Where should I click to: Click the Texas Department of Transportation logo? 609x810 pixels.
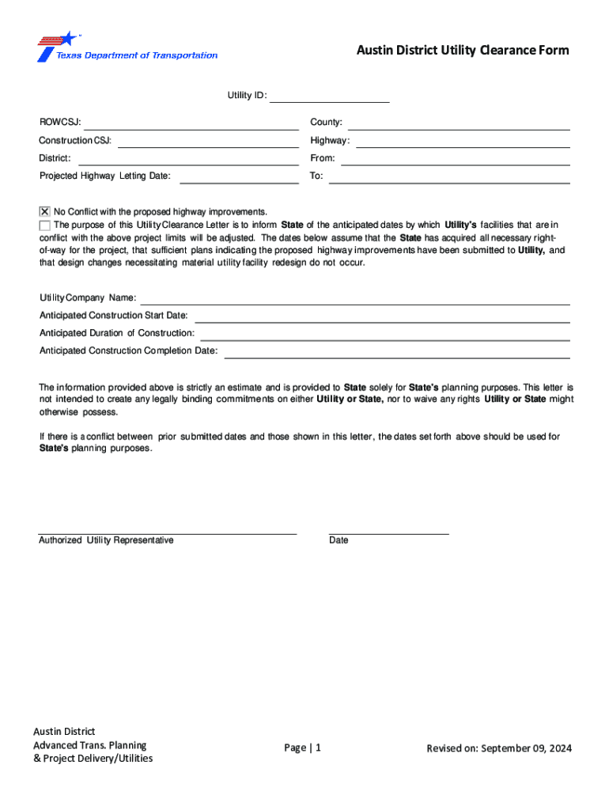click(127, 47)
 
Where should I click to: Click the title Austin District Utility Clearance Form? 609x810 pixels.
click(462, 51)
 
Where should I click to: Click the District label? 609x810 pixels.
click(55, 159)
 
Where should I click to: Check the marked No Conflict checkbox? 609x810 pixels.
click(44, 212)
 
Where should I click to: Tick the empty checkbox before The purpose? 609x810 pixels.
click(44, 225)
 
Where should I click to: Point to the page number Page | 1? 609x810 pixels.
click(303, 748)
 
